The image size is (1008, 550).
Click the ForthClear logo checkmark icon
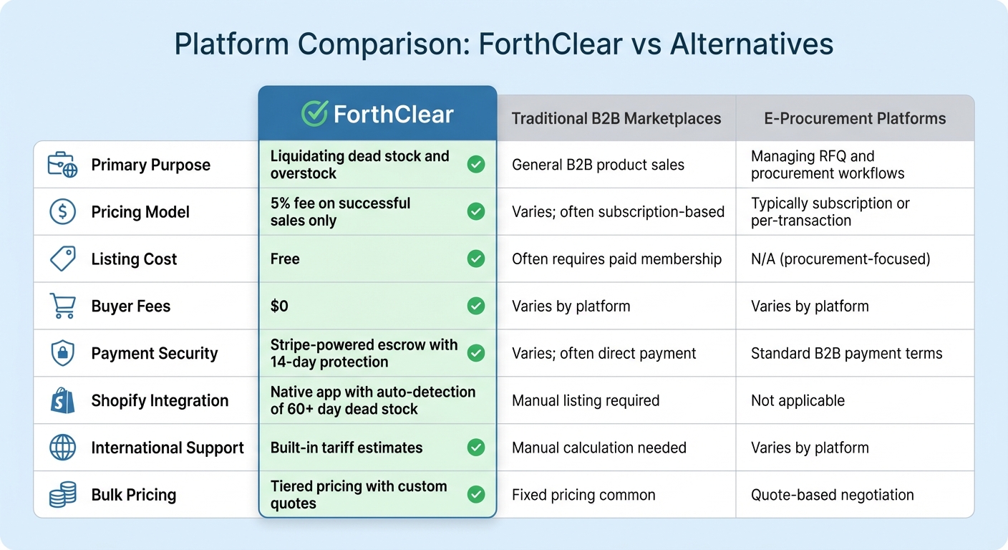[x=314, y=114]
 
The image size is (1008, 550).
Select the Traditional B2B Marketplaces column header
[x=616, y=118]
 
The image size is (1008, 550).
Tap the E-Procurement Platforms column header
[x=855, y=118]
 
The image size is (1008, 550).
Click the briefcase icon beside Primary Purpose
[x=62, y=165]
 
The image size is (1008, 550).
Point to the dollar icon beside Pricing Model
[x=62, y=212]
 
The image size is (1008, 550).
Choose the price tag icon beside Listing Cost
[x=62, y=259]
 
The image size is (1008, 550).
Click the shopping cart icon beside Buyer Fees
[x=62, y=307]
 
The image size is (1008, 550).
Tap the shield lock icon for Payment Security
[x=62, y=353]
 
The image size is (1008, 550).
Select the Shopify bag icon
[x=62, y=400]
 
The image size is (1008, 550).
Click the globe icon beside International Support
[x=62, y=448]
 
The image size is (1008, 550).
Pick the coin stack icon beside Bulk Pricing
[x=62, y=495]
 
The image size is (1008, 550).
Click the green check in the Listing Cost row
[x=476, y=259]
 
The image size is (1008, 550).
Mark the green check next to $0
[x=476, y=306]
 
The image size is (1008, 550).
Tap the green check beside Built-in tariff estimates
[x=476, y=448]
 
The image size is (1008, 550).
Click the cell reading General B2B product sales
[x=598, y=165]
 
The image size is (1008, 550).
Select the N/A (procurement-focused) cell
[x=840, y=259]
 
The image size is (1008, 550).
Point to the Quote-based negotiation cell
[x=832, y=495]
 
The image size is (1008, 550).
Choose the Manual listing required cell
[x=586, y=400]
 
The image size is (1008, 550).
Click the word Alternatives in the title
[x=752, y=44]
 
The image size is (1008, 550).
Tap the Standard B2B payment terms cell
[x=846, y=353]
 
